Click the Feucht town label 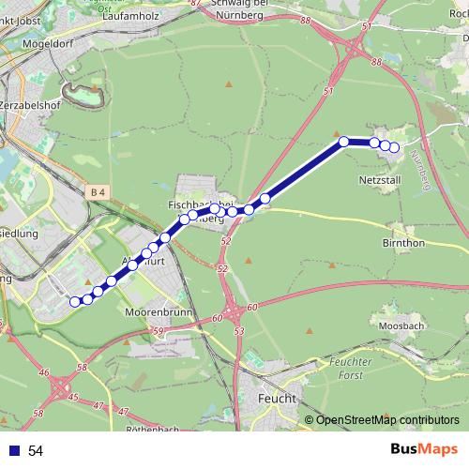coord(276,399)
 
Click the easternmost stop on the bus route coord(394,147)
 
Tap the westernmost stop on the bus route coord(75,301)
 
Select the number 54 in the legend coord(36,451)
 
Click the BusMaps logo coord(420,450)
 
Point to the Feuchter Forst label coord(345,368)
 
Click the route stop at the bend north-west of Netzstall coord(344,141)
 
